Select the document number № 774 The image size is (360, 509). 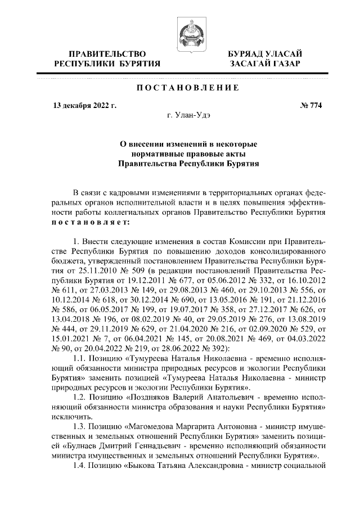click(312, 105)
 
